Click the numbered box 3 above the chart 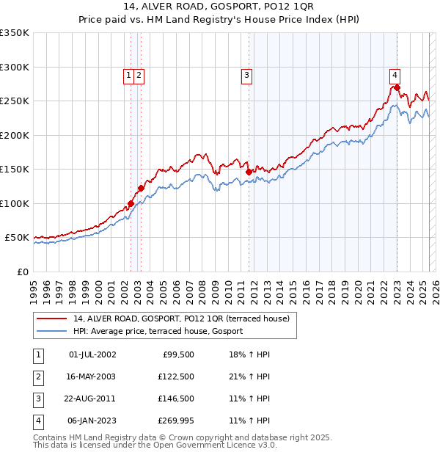click(x=247, y=74)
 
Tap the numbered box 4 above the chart click(x=395, y=74)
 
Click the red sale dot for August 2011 click(x=249, y=172)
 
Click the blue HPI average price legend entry click(x=162, y=332)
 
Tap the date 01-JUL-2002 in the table click(x=92, y=355)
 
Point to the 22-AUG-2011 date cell click(x=92, y=398)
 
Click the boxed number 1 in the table click(x=37, y=355)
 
